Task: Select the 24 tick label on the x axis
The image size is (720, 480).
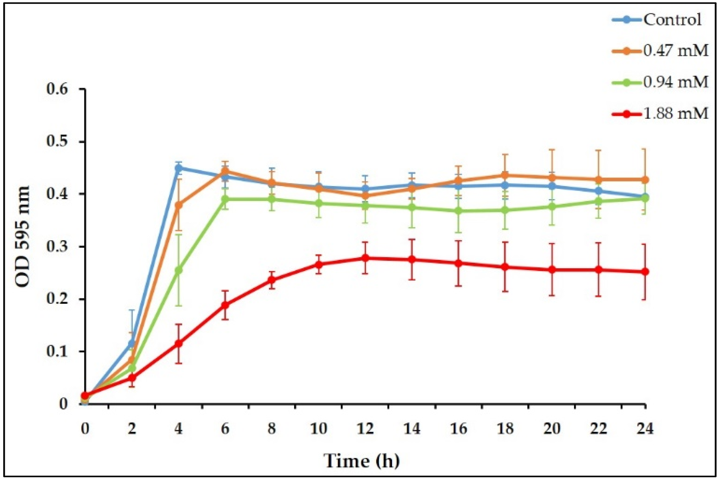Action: (x=645, y=429)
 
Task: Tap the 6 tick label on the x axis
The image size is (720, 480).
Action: (x=225, y=429)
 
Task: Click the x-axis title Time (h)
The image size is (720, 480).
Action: (x=361, y=461)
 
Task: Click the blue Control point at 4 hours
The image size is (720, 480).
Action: (x=179, y=168)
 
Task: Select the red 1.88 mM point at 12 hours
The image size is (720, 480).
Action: (x=365, y=258)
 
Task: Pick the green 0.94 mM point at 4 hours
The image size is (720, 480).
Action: (x=179, y=270)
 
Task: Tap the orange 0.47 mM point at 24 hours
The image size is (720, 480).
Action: (x=645, y=180)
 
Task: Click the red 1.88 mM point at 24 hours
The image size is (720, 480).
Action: (x=645, y=272)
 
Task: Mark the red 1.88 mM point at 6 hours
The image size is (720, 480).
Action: (x=225, y=305)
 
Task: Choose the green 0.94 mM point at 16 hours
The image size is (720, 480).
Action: (x=458, y=211)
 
